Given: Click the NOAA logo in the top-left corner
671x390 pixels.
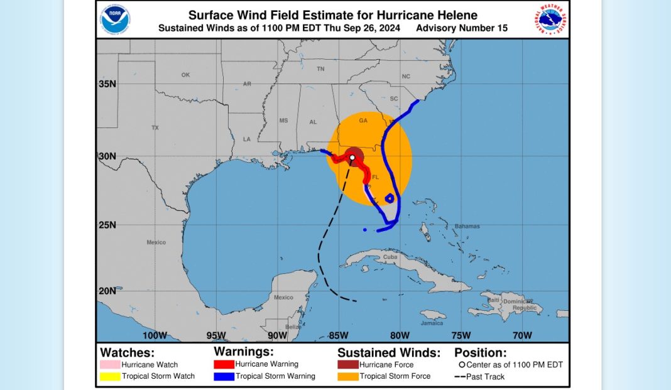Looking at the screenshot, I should point(115,19).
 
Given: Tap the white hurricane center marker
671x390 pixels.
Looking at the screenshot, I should point(353,157).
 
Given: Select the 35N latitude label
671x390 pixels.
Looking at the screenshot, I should point(107,84).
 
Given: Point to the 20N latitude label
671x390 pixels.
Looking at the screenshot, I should point(107,291).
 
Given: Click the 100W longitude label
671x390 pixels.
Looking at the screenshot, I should point(155,335).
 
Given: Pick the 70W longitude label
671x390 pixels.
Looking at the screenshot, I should point(522,335).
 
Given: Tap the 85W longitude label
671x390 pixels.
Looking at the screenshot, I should point(339,335).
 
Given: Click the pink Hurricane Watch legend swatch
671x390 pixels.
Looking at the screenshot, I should point(109,365).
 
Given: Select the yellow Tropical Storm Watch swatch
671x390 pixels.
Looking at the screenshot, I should point(109,376).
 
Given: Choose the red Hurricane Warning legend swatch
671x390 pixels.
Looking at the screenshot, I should point(223,364).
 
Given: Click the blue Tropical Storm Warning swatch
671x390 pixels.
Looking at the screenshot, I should point(223,376).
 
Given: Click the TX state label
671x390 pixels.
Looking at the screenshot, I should point(155,127).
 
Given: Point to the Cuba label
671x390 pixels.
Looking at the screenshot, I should point(390,257).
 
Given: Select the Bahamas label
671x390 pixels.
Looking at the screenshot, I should point(467,226).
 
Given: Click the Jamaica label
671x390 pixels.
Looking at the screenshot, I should point(432,323).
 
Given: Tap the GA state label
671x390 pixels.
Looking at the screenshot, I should point(363,121).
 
